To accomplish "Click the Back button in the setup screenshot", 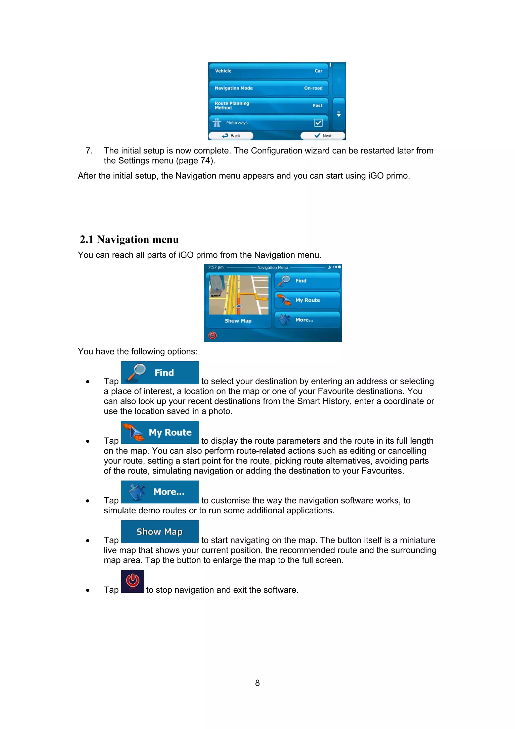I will (231, 136).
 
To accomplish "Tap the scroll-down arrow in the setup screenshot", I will (338, 114).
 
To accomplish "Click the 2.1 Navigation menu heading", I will (129, 239).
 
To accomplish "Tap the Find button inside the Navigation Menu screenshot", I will (307, 281).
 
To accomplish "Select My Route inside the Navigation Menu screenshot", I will (307, 300).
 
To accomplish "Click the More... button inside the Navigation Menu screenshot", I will (307, 320).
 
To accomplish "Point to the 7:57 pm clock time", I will (216, 267).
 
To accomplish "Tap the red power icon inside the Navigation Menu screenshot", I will (212, 335).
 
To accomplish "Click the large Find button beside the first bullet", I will (160, 372).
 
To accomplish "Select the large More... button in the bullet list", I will (160, 492).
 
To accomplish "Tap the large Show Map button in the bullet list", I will (160, 531).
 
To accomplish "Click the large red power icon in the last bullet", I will (132, 581).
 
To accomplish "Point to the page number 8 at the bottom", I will (257, 683).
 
